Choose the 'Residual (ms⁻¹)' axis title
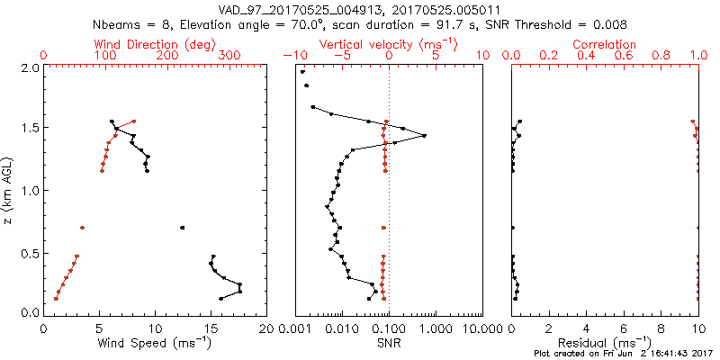click(604, 343)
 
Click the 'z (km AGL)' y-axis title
click(9, 190)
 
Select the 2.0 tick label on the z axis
click(30, 67)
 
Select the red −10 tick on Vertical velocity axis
click(292, 56)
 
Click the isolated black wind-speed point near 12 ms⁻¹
click(182, 228)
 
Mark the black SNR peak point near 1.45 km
click(424, 136)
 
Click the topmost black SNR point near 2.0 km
click(303, 72)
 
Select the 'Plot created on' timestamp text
click(621, 354)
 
